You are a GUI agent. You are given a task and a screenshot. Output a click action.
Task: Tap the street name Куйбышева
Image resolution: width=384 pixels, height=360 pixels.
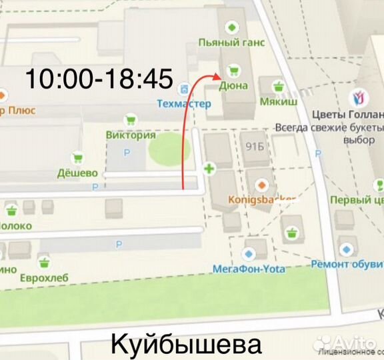185,345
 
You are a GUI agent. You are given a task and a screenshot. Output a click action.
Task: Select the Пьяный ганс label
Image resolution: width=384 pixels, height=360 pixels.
231,43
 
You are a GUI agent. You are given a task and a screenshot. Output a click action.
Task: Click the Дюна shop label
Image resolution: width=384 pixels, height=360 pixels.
233,85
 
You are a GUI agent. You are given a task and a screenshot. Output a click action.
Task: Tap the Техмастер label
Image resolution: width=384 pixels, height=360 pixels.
183,104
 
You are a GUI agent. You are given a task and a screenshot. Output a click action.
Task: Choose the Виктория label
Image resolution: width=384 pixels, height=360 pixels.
131,135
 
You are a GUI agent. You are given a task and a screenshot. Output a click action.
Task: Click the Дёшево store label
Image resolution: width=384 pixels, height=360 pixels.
77,173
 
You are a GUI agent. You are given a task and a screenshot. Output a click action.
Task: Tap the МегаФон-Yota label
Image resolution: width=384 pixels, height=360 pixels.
249,269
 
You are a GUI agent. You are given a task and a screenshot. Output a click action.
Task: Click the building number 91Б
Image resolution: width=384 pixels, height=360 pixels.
255,147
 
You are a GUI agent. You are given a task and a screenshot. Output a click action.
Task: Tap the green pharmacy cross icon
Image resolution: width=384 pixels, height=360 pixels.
210,169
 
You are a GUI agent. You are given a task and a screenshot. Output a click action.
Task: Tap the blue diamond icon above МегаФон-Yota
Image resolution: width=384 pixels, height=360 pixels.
249,254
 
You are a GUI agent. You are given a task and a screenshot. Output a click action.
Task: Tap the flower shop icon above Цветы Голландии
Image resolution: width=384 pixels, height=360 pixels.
357,97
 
